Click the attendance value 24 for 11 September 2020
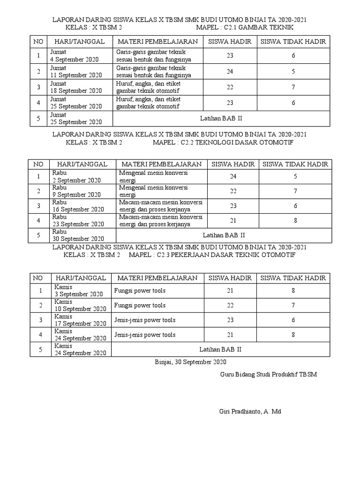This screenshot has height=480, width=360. [230, 72]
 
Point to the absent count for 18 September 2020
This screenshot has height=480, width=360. [293, 87]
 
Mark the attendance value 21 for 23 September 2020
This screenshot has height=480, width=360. [233, 220]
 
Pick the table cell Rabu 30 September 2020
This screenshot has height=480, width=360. [77, 235]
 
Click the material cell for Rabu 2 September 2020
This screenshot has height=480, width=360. [153, 176]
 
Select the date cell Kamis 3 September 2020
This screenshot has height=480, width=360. [78, 291]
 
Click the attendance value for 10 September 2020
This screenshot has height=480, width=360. [230, 305]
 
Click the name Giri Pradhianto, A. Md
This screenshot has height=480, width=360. [250, 412]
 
